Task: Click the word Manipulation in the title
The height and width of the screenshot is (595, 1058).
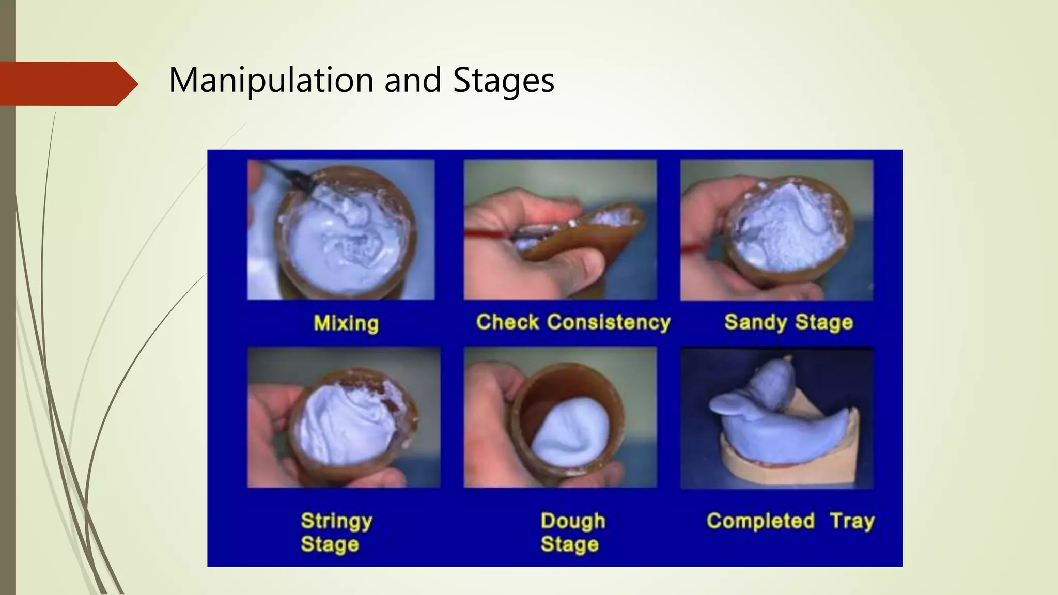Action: coord(272,81)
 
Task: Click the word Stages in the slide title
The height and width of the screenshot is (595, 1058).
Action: coord(503,81)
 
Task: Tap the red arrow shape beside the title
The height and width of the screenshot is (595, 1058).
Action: coord(67,84)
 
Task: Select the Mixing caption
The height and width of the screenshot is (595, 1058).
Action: coord(346,323)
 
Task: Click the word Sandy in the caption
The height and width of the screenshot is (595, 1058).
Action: coord(755,322)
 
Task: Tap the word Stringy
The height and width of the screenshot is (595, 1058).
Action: coord(336,521)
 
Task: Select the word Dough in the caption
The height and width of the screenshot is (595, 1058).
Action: coord(572,521)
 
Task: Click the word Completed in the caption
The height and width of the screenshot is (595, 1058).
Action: coord(760,521)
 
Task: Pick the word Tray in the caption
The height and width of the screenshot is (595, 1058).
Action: coord(852,521)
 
